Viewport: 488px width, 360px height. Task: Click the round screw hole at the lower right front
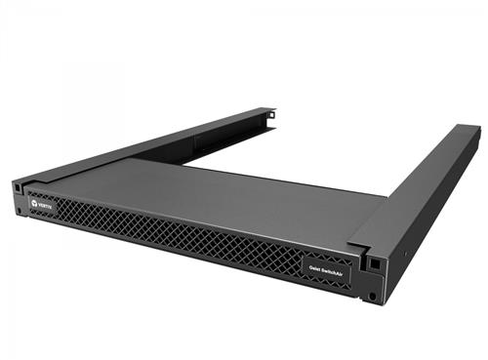(374, 296)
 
